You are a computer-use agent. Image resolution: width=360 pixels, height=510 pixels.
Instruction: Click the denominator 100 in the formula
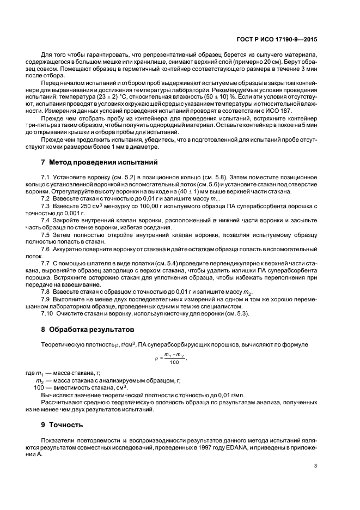pos(174,362)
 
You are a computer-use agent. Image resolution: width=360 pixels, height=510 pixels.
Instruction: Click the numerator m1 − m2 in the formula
pos(174,354)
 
